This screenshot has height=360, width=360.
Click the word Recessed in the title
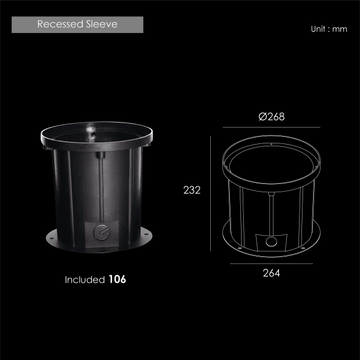(60, 24)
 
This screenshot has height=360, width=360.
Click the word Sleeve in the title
(102, 24)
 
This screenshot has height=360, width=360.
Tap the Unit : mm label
(329, 29)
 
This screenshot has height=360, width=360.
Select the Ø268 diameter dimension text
(271, 117)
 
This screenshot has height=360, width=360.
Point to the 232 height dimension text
(192, 190)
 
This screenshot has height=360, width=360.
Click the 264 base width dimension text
(271, 273)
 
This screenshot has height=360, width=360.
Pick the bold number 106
(117, 279)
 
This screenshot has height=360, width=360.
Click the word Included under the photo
(85, 280)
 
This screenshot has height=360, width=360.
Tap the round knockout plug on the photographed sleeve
(102, 232)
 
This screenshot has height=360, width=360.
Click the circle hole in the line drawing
(271, 242)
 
